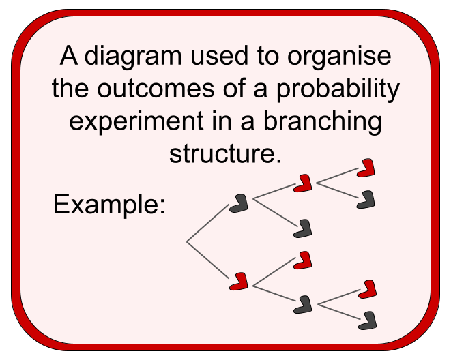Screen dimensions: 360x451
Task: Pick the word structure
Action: [x=225, y=153]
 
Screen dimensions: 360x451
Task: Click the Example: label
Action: [x=109, y=204]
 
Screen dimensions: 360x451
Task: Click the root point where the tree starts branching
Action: [x=187, y=242]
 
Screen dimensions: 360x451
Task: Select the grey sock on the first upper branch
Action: [x=239, y=202]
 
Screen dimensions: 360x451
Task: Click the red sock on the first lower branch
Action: [x=239, y=280]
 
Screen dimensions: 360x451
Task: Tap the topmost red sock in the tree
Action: [x=366, y=168]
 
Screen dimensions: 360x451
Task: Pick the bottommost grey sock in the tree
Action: [x=368, y=320]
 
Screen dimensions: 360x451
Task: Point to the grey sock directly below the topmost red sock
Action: [x=366, y=199]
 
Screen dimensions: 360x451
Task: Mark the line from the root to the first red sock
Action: [x=207, y=260]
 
